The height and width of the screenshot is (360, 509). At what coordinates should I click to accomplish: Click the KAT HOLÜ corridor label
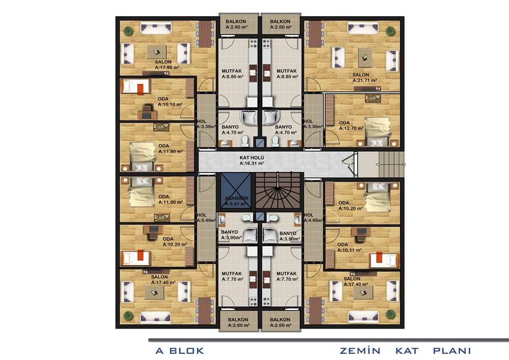coord(251,160)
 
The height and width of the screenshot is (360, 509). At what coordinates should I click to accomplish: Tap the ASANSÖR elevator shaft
coord(236,190)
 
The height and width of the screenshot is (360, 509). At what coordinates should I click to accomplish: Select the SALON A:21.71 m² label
coord(364,77)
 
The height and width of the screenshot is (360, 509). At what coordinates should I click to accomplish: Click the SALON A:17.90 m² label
coord(167,65)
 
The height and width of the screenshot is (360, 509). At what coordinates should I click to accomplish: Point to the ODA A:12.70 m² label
coord(351,126)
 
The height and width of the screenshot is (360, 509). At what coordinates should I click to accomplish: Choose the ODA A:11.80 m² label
coord(171,149)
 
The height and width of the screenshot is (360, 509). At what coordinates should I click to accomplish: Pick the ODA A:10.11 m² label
coord(349,247)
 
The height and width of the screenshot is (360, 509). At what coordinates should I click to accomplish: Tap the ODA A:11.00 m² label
coord(171,199)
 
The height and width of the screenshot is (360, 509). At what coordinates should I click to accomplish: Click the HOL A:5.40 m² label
coord(206,217)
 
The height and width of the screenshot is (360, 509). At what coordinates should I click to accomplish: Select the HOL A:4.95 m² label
coord(313,217)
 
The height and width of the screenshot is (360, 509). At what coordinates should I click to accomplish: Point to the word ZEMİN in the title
coord(360,351)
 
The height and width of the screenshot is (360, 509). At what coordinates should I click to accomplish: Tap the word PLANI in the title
coord(452,351)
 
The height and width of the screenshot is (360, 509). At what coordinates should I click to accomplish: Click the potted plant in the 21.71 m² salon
coord(390,31)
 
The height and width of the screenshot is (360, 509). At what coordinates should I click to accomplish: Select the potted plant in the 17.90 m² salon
coord(129,31)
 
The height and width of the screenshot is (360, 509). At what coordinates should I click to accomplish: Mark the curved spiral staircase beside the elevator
coord(278,191)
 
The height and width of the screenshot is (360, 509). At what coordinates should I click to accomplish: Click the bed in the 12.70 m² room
coord(377,132)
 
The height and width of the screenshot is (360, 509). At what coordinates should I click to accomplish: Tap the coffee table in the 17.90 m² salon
coord(157,52)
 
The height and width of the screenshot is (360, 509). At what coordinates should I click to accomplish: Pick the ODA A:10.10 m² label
coord(170,102)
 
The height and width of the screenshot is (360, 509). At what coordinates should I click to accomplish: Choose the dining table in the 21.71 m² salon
coord(314,34)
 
